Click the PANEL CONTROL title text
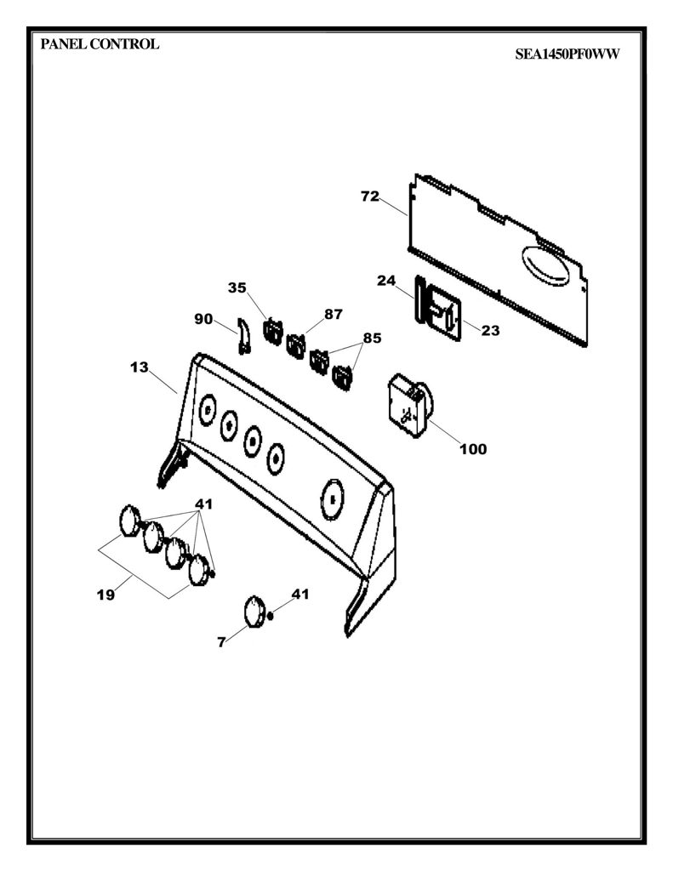(x=100, y=44)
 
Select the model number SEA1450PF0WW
(x=567, y=54)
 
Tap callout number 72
(x=370, y=196)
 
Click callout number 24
(x=386, y=281)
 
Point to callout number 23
(x=490, y=331)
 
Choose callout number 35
(x=237, y=287)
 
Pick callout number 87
(x=334, y=314)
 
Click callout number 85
(x=373, y=338)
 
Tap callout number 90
(x=203, y=319)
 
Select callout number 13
(x=140, y=367)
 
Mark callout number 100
(x=473, y=449)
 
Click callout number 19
(x=106, y=595)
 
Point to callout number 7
(x=221, y=642)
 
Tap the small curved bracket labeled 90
(x=242, y=335)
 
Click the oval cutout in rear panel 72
(x=545, y=265)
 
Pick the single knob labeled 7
(x=254, y=612)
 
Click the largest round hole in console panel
(x=333, y=498)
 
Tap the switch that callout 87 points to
(x=295, y=345)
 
